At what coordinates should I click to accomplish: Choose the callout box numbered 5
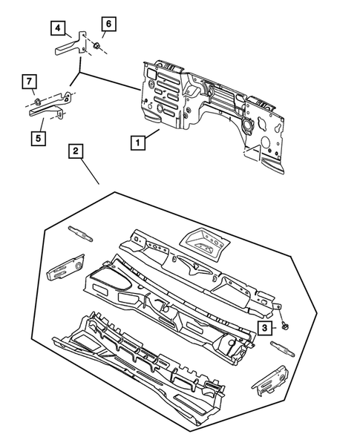click(36, 137)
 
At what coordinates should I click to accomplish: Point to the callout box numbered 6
click(107, 24)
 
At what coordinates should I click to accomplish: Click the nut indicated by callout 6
click(97, 47)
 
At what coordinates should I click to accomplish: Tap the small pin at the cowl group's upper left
click(79, 232)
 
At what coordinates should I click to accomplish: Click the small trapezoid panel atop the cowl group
click(205, 240)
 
